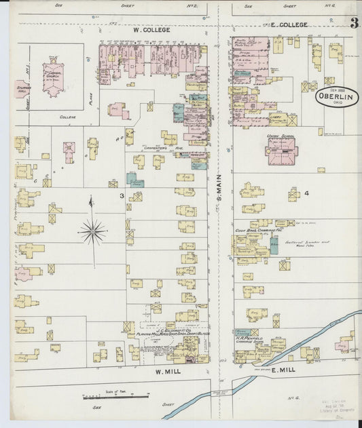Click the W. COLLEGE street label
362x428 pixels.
(x=151, y=30)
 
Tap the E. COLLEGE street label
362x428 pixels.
(x=289, y=24)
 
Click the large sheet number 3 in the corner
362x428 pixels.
(x=355, y=22)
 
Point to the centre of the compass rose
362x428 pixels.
(x=92, y=232)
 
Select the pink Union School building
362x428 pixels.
(x=280, y=151)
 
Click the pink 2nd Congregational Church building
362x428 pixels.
(x=52, y=79)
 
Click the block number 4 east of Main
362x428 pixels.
(x=306, y=193)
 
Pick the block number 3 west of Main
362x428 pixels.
(x=122, y=196)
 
